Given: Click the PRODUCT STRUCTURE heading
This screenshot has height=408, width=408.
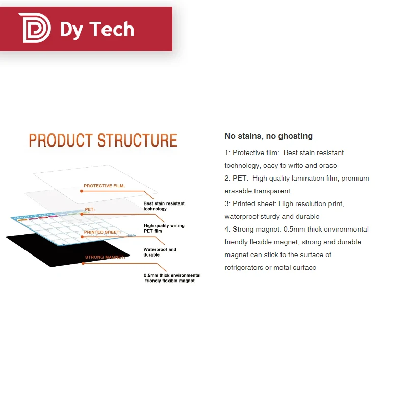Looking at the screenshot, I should pos(103,140).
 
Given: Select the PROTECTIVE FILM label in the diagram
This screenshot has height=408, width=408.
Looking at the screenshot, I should pos(105,186).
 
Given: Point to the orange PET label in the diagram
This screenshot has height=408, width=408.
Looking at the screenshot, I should pos(90,209).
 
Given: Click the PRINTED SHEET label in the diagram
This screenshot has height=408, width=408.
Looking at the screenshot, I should pos(102,232).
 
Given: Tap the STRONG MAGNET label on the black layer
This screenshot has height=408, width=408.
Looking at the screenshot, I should pos(105,257).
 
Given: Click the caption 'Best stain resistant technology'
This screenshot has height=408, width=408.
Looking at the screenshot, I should pos(164,206).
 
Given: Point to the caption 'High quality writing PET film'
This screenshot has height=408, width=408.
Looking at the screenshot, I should pos(164,228).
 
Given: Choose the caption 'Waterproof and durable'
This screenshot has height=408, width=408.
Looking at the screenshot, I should pos(160,252).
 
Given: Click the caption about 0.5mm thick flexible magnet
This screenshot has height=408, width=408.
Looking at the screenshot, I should pos(172,278).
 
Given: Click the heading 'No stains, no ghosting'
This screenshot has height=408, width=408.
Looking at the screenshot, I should pos(268,136).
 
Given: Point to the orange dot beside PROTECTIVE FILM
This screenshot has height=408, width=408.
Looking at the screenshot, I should pos(81,191).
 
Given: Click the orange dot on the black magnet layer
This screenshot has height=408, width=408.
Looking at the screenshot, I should pos(83,263).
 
